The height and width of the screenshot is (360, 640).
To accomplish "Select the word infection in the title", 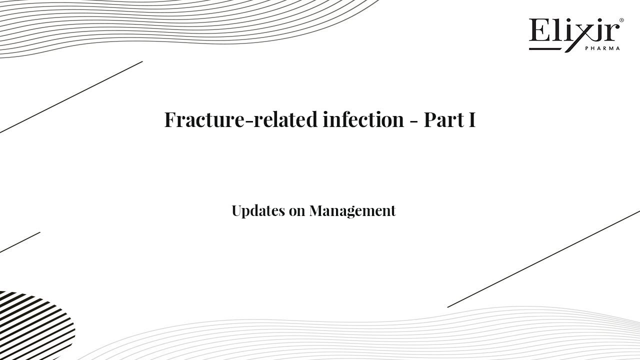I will coord(363,120).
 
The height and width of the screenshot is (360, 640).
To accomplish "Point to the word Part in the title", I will coord(443,120).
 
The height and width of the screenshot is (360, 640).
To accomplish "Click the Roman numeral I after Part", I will coord(472,120).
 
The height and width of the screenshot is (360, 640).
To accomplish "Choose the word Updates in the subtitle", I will coord(258,211).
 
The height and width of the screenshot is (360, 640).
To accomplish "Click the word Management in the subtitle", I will coord(352,211).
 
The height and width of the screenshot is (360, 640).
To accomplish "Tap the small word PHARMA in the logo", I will coord(602,48).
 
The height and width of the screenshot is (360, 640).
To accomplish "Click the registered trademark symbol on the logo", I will coord(621,20).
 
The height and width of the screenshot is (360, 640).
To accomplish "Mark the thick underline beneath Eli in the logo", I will coord(545,49).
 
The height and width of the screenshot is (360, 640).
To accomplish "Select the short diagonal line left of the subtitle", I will coord(20,242).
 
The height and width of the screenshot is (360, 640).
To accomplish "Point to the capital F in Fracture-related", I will coord(171,120).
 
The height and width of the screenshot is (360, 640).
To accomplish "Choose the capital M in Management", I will coord(317,211).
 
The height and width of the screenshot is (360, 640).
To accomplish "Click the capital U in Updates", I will coord(237,211).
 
